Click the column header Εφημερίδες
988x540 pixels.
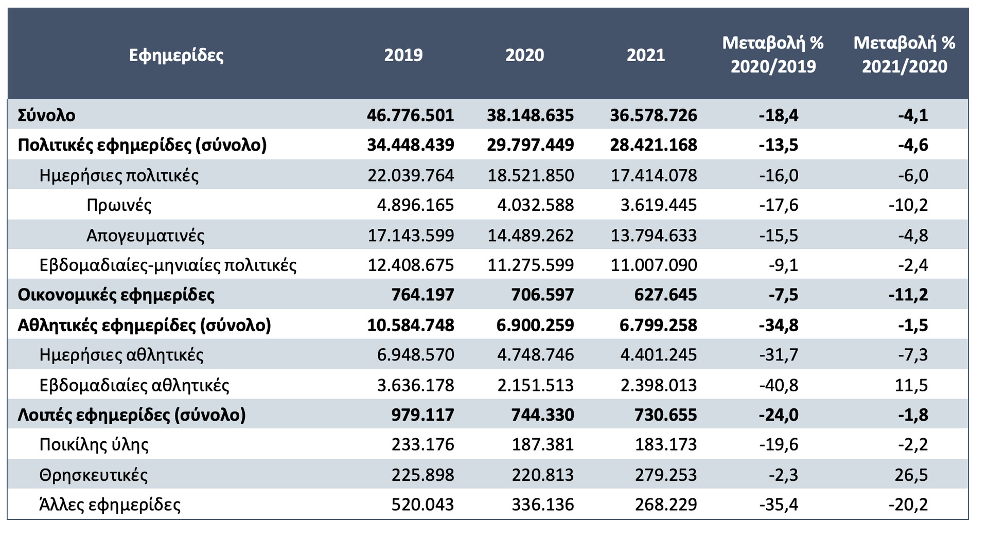(176, 55)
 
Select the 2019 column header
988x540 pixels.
(403, 55)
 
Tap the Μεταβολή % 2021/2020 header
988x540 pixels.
(904, 55)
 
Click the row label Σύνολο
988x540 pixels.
(46, 115)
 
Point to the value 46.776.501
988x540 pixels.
(411, 115)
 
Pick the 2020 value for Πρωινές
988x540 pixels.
(535, 205)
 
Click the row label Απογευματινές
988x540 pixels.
(145, 236)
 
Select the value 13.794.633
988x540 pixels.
(654, 236)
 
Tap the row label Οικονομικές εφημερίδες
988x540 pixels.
(116, 295)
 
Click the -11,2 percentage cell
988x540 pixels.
(908, 295)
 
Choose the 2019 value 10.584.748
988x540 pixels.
(411, 325)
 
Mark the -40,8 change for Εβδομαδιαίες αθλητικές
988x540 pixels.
(779, 385)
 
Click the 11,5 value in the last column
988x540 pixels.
(911, 385)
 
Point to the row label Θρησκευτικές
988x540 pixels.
(94, 475)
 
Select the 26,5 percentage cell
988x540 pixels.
(911, 475)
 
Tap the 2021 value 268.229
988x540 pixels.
(666, 505)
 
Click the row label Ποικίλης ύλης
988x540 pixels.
(94, 445)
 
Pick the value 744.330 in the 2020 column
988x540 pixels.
(542, 415)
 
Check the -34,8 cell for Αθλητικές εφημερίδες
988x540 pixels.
(779, 325)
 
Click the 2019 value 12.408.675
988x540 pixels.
(411, 265)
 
